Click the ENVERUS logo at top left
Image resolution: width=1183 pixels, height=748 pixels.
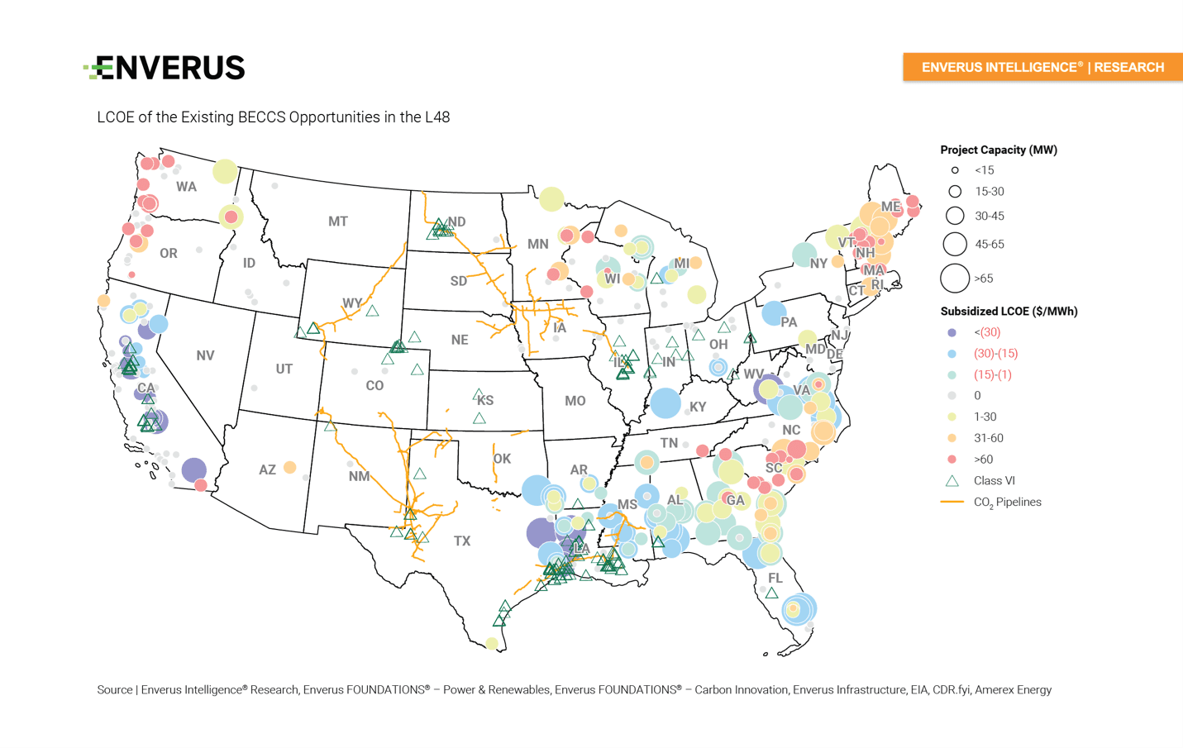[x=165, y=68]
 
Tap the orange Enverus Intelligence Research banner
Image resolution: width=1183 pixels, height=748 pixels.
[x=1042, y=67]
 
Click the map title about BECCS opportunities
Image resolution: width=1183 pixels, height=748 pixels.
[x=273, y=117]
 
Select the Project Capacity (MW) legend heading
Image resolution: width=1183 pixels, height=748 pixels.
[x=998, y=150]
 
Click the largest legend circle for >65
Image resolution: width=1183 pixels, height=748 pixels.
[x=954, y=279]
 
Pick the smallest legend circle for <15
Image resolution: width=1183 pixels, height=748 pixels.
[x=954, y=170]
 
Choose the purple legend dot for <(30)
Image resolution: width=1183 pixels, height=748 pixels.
[x=952, y=332]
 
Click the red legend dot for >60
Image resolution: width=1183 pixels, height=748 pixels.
[x=952, y=460]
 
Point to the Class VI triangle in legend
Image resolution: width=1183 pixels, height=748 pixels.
[x=952, y=480]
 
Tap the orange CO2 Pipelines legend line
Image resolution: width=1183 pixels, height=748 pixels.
[x=952, y=502]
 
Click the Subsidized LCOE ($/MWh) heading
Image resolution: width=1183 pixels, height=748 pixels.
[x=1009, y=312]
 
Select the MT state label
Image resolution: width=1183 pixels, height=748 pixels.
[x=337, y=222]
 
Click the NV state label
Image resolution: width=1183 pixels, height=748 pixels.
[x=205, y=355]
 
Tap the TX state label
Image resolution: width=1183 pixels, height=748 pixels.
[x=461, y=541]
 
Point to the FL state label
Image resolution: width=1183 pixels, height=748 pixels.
[x=775, y=578]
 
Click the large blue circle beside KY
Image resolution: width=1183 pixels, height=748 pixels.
[x=665, y=403]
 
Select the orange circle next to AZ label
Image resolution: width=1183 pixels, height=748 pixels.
[x=289, y=467]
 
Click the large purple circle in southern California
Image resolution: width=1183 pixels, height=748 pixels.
[x=193, y=469]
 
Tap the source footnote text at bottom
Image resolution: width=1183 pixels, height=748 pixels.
[x=574, y=689]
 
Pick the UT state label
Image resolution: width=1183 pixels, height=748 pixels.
[x=284, y=369]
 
